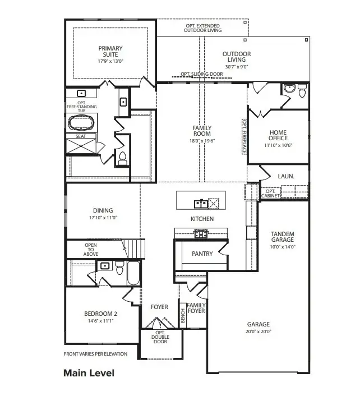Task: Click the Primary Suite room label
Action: pyautogui.click(x=110, y=52)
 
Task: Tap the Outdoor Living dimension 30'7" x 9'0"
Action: pyautogui.click(x=236, y=66)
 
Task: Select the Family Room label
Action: pyautogui.click(x=201, y=131)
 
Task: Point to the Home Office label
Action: pyautogui.click(x=278, y=135)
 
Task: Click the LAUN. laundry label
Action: pyautogui.click(x=285, y=176)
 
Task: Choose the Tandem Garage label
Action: pyautogui.click(x=283, y=237)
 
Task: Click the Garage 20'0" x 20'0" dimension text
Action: pyautogui.click(x=259, y=331)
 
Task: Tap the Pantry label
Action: pyautogui.click(x=202, y=254)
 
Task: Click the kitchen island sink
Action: pyautogui.click(x=199, y=202)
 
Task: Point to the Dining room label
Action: pyautogui.click(x=103, y=210)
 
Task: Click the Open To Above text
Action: pyautogui.click(x=91, y=250)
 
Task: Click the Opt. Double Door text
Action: pyautogui.click(x=161, y=337)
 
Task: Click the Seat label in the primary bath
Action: pyautogui.click(x=80, y=136)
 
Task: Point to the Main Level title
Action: pyautogui.click(x=89, y=373)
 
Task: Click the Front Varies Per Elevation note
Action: pyautogui.click(x=95, y=354)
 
